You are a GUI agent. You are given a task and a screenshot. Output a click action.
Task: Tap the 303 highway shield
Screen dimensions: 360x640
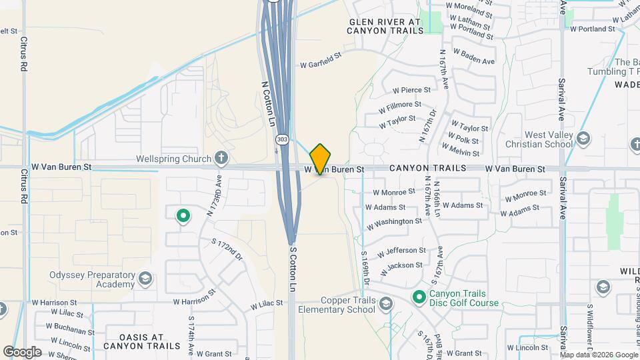282,140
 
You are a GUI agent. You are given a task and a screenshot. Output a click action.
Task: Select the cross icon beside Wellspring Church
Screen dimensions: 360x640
221,159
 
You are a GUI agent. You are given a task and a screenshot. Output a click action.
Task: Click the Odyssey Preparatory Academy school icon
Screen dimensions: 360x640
146,277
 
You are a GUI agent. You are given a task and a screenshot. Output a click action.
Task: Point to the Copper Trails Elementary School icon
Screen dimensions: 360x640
385,305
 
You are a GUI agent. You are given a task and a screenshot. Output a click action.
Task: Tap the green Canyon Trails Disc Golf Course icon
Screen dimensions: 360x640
419,297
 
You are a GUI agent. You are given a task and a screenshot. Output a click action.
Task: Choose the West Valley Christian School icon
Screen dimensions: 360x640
584,139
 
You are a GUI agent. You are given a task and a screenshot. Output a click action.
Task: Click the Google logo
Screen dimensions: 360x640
23,352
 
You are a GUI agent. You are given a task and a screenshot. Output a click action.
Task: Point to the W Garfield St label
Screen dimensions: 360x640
321,65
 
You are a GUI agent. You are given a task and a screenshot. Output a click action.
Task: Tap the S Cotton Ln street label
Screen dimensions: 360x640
292,269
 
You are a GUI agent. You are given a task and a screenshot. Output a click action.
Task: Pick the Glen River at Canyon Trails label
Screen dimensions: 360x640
385,26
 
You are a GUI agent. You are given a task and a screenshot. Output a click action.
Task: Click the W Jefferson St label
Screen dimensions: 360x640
401,251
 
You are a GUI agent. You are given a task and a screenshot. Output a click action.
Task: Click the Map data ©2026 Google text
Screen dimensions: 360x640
598,354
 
